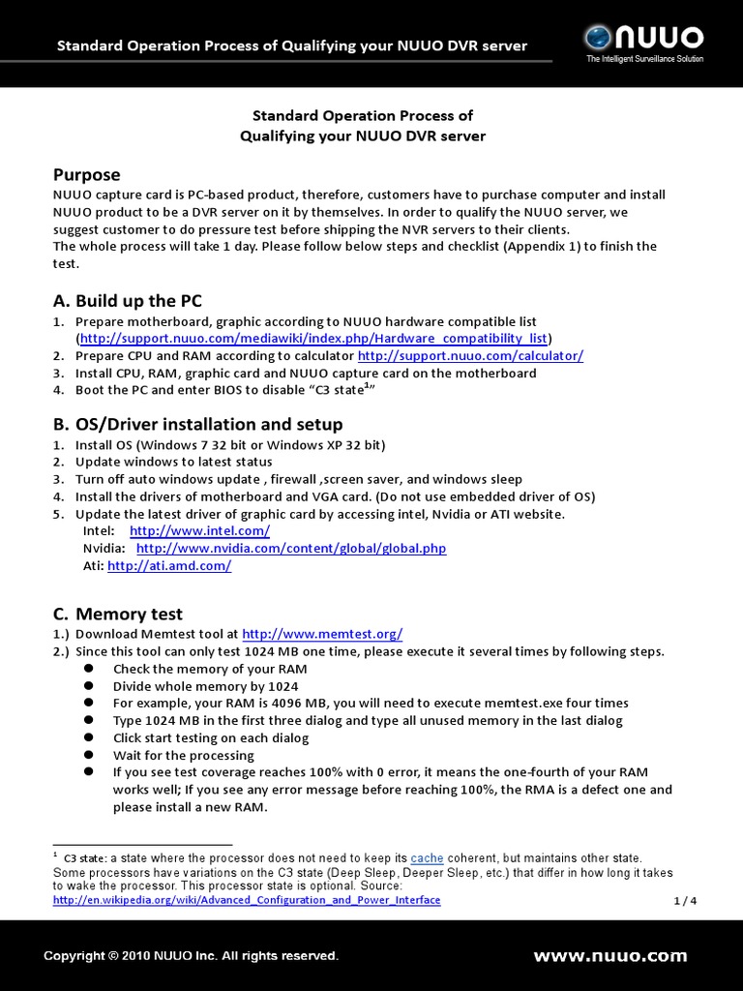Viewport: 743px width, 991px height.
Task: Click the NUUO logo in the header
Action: tap(642, 39)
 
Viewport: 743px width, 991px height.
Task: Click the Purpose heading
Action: tap(86, 174)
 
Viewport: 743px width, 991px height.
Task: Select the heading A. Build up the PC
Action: tap(127, 300)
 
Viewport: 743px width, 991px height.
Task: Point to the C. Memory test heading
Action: tap(117, 614)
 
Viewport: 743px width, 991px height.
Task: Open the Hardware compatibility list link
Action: tap(313, 339)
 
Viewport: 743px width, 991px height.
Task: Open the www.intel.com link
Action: tap(199, 531)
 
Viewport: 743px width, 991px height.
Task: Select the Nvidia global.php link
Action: tap(291, 549)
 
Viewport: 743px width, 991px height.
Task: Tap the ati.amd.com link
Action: tap(169, 566)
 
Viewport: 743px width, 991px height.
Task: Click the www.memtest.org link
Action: tap(322, 634)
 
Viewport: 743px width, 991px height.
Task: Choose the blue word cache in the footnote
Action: tap(427, 858)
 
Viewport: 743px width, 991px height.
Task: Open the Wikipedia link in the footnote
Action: tap(247, 900)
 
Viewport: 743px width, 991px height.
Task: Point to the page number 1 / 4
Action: tap(685, 901)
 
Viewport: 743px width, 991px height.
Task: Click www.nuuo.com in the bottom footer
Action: tap(609, 956)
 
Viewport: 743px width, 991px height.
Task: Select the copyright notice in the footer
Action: tap(191, 956)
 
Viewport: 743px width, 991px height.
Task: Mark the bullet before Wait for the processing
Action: tap(88, 755)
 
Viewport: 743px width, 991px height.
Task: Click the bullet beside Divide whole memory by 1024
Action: tap(88, 685)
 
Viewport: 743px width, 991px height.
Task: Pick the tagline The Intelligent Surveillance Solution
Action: tap(644, 59)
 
